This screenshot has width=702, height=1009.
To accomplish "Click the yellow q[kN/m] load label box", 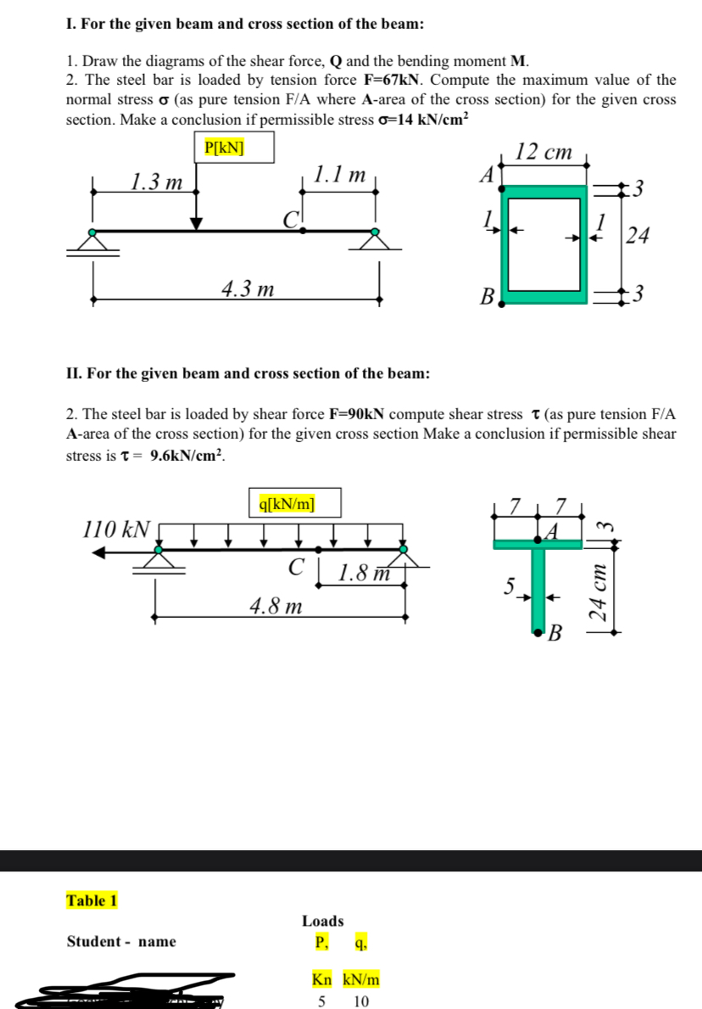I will [x=295, y=502].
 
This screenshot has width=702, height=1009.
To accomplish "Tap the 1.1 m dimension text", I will [x=338, y=176].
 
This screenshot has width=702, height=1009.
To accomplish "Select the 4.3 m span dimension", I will [x=247, y=289].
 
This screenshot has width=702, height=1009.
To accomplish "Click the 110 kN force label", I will [x=117, y=530].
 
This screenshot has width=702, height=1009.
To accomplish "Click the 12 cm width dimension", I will [x=544, y=153].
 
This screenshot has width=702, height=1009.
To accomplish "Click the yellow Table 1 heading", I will [x=92, y=900].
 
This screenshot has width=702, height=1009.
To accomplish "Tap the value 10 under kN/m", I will [x=360, y=1001].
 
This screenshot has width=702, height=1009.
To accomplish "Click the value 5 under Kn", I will [x=321, y=1001].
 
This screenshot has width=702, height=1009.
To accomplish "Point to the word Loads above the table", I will [x=322, y=921].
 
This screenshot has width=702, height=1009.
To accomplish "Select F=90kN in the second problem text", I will [x=355, y=415].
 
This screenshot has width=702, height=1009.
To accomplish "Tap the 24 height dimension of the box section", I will [x=640, y=237].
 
